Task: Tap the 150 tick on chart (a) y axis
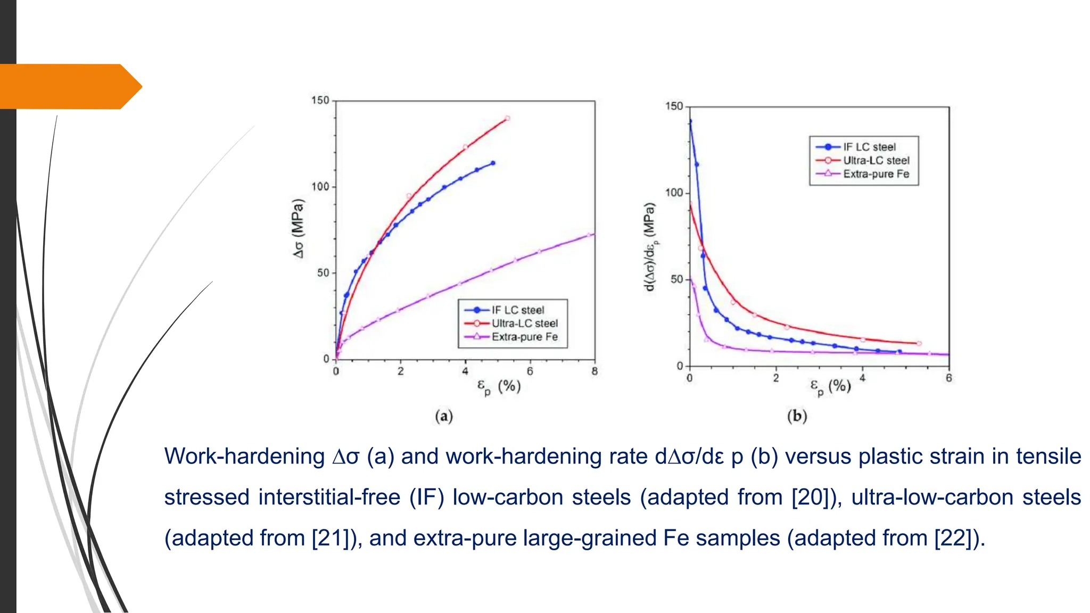click(x=320, y=101)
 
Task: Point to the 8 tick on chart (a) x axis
click(x=594, y=371)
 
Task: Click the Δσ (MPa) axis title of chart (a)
click(x=298, y=229)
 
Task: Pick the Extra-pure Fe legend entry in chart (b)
click(x=876, y=174)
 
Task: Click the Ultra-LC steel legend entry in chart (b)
click(x=876, y=161)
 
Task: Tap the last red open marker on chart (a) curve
click(x=507, y=119)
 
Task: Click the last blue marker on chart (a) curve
click(x=493, y=163)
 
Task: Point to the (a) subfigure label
click(x=444, y=416)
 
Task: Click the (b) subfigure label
click(x=797, y=416)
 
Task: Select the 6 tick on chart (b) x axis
click(x=948, y=378)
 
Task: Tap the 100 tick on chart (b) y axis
click(x=674, y=193)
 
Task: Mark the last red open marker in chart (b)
click(x=919, y=344)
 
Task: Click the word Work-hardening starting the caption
click(x=244, y=457)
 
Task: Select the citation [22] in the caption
click(x=956, y=538)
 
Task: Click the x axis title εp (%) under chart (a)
click(x=499, y=387)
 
